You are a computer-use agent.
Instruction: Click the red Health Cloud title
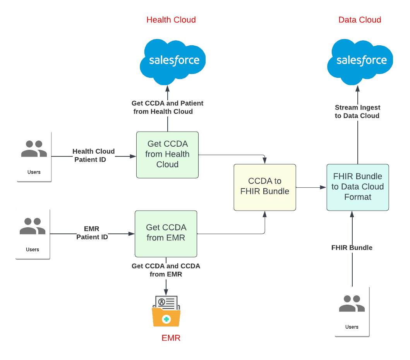pos(171,20)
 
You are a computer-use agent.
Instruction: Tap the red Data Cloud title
pos(360,20)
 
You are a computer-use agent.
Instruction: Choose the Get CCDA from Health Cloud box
pos(167,154)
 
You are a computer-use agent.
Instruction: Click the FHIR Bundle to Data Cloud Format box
pos(357,187)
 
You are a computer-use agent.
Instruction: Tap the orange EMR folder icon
pos(166,312)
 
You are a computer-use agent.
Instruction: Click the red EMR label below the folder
pos(171,338)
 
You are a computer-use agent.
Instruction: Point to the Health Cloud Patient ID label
pos(93,155)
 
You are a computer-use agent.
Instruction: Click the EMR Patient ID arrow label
pos(92,233)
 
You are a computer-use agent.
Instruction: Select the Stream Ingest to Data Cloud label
pos(357,111)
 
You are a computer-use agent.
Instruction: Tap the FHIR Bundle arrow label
pos(352,248)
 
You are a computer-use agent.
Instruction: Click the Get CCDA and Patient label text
pos(167,107)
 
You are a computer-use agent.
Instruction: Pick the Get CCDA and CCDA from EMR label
pos(166,270)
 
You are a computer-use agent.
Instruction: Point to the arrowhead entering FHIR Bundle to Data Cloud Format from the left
pos(323,187)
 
